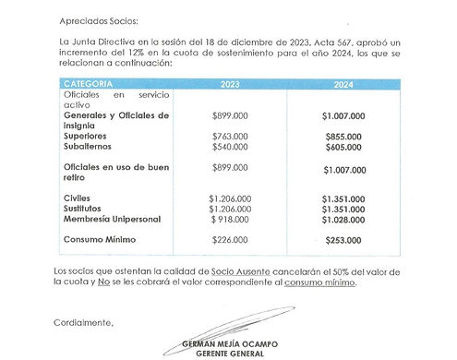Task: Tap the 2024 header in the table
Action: point(343,84)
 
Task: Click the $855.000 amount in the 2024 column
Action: point(343,136)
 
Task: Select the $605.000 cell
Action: point(343,147)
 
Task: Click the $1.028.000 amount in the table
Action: point(343,220)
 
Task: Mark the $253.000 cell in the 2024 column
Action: point(343,240)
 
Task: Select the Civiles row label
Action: point(78,198)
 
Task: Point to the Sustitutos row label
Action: point(84,209)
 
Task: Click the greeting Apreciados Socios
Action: point(97,19)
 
